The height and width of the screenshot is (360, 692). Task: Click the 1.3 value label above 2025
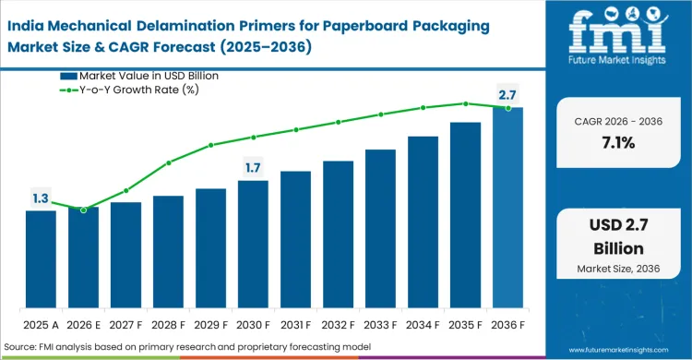pos(41,198)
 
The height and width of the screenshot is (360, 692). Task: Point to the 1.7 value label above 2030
pos(253,167)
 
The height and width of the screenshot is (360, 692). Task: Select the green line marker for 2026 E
pos(83,210)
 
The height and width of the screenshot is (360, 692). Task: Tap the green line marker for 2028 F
pos(168,162)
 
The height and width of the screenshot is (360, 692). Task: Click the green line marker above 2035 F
pos(465,103)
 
